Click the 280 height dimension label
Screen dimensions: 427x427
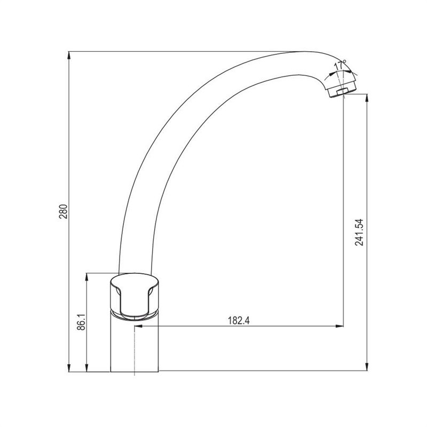(x=63, y=211)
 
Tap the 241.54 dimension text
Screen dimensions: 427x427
(x=359, y=232)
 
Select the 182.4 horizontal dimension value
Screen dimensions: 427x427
(x=239, y=321)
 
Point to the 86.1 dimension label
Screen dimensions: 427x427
(x=81, y=322)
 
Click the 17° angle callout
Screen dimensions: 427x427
(x=340, y=65)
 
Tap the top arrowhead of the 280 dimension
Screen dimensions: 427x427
(x=69, y=56)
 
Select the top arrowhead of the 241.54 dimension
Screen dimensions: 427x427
(x=368, y=98)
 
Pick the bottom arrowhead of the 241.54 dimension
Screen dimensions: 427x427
(x=368, y=367)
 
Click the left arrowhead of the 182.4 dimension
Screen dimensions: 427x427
(x=139, y=326)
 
